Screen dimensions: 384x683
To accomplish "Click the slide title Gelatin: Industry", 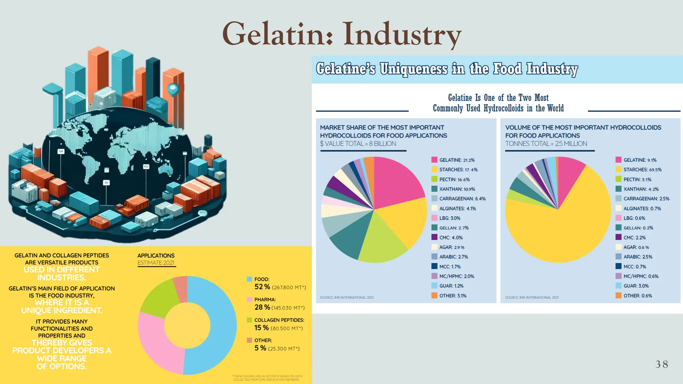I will [x=341, y=34].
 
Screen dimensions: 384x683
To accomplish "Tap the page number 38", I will [x=662, y=364].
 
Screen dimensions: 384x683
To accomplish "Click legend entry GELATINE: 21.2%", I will [x=457, y=160].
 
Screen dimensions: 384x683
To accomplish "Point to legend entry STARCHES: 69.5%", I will [x=642, y=170].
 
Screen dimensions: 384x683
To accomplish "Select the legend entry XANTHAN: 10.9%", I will [x=457, y=189].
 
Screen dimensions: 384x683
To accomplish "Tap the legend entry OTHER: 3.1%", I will [x=453, y=296].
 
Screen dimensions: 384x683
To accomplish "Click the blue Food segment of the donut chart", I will [x=217, y=320].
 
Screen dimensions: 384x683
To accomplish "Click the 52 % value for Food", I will [x=262, y=287].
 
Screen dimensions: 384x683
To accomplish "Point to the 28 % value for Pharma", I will [x=262, y=307].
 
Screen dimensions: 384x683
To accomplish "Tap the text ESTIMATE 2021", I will [x=156, y=263].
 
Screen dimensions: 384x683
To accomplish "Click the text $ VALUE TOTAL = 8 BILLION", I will [x=358, y=144].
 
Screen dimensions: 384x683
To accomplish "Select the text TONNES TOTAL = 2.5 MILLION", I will [x=546, y=144].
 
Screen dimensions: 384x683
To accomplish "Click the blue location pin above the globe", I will [x=173, y=89].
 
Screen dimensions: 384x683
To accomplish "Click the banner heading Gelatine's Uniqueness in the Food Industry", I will [x=447, y=69].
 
